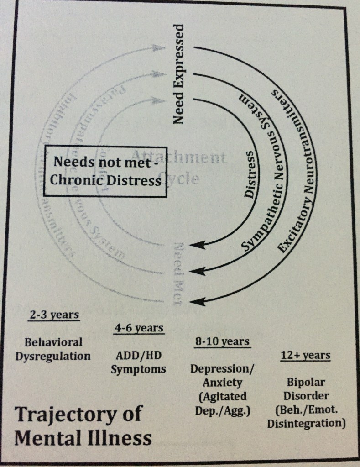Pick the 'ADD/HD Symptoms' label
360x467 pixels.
(x=138, y=362)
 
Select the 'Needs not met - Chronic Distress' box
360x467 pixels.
(x=105, y=171)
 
